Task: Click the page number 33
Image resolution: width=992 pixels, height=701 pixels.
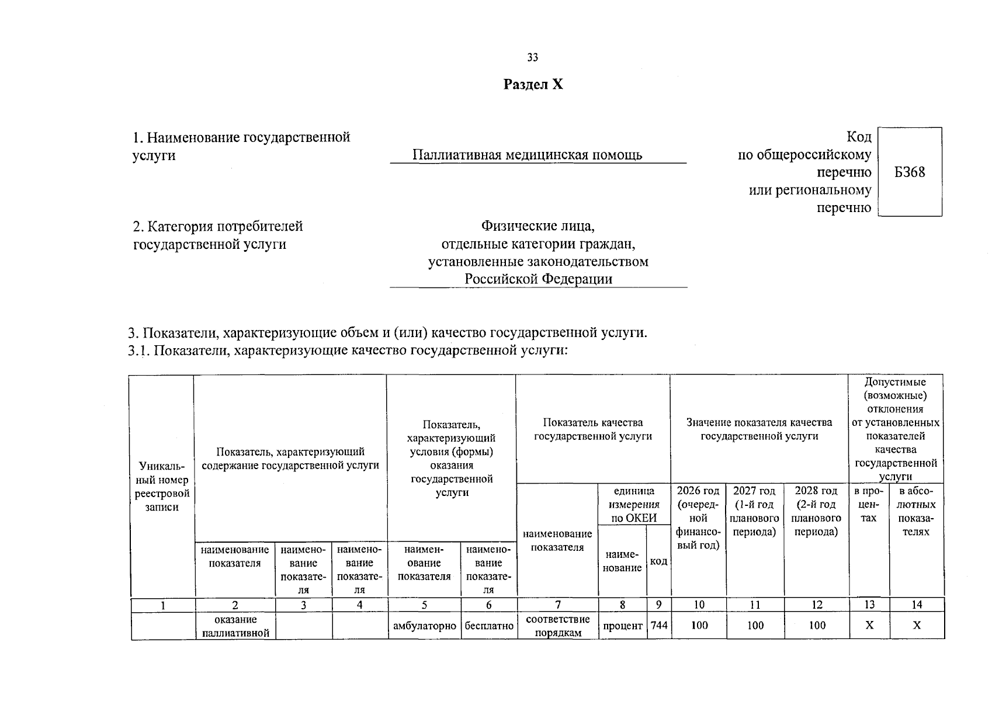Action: point(532,57)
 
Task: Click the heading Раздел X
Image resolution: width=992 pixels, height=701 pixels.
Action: point(533,85)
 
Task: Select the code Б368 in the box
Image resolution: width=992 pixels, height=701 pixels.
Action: point(910,172)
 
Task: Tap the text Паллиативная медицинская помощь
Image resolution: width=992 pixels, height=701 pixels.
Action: point(527,155)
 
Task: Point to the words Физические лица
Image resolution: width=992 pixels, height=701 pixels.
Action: point(537,225)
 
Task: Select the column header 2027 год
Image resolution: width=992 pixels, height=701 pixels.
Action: point(754,491)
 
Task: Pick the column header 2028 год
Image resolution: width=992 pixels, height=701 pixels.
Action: point(816,491)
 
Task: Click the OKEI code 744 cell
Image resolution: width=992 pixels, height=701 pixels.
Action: point(659,625)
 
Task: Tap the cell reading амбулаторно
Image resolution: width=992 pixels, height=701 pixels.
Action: point(424,626)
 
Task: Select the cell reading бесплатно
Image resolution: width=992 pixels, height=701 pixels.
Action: point(488,626)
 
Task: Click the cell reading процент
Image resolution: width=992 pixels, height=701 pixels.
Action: point(623,626)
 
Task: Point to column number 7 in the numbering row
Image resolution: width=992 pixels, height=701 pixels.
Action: point(558,605)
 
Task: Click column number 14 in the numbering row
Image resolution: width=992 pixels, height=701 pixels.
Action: point(916,605)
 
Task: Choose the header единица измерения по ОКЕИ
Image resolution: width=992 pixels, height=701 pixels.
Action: point(634,505)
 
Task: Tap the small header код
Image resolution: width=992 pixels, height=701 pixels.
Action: point(658,561)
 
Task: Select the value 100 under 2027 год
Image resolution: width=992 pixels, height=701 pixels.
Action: point(755,626)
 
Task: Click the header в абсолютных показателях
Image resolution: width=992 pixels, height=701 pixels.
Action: point(915,511)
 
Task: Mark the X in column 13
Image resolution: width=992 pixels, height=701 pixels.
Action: point(869,626)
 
